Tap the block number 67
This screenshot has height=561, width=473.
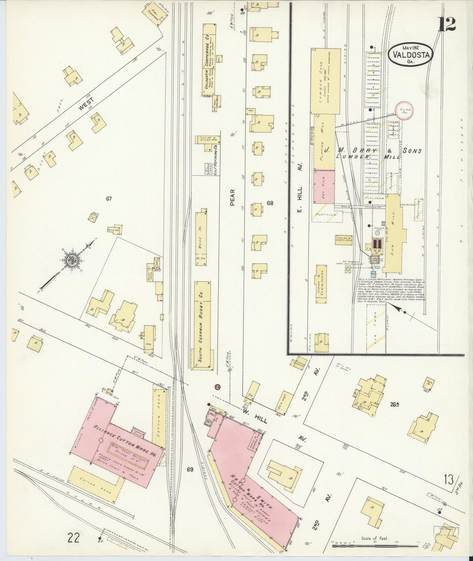tap(109, 198)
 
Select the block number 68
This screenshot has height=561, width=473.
tap(270, 203)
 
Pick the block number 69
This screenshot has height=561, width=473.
tap(190, 470)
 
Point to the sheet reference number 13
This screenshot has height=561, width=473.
tap(449, 480)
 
